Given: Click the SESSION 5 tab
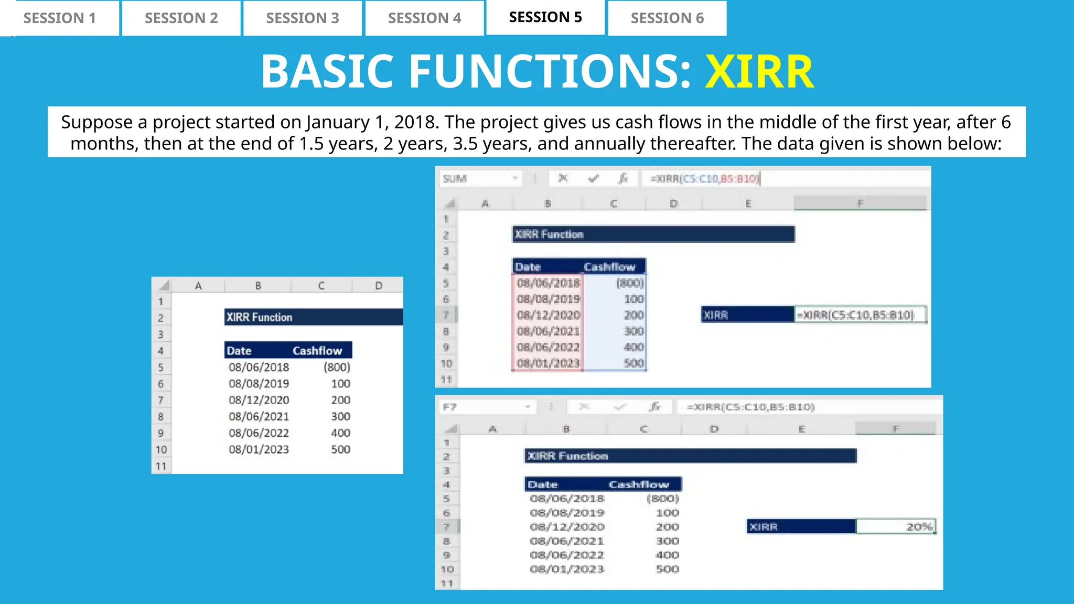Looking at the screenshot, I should [545, 17].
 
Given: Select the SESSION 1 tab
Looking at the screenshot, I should [60, 18].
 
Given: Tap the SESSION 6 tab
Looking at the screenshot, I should [667, 18].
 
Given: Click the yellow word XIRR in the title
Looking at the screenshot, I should [759, 71].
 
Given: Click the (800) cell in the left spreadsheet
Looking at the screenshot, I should [337, 367].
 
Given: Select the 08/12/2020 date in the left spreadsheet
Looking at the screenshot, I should [259, 400].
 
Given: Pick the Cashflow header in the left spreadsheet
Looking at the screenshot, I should [317, 350].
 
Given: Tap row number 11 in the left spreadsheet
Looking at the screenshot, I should [161, 466].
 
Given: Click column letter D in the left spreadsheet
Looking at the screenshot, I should [379, 286].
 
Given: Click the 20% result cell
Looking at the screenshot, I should [896, 526].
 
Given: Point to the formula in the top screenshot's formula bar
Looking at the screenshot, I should [705, 179].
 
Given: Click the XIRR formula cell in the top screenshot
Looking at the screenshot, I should [860, 315].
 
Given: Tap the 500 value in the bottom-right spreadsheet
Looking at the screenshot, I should [667, 569].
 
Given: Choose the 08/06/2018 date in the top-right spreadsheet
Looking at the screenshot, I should [548, 283].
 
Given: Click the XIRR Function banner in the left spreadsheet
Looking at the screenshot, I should [314, 317].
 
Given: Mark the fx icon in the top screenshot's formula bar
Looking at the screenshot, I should [623, 179].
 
